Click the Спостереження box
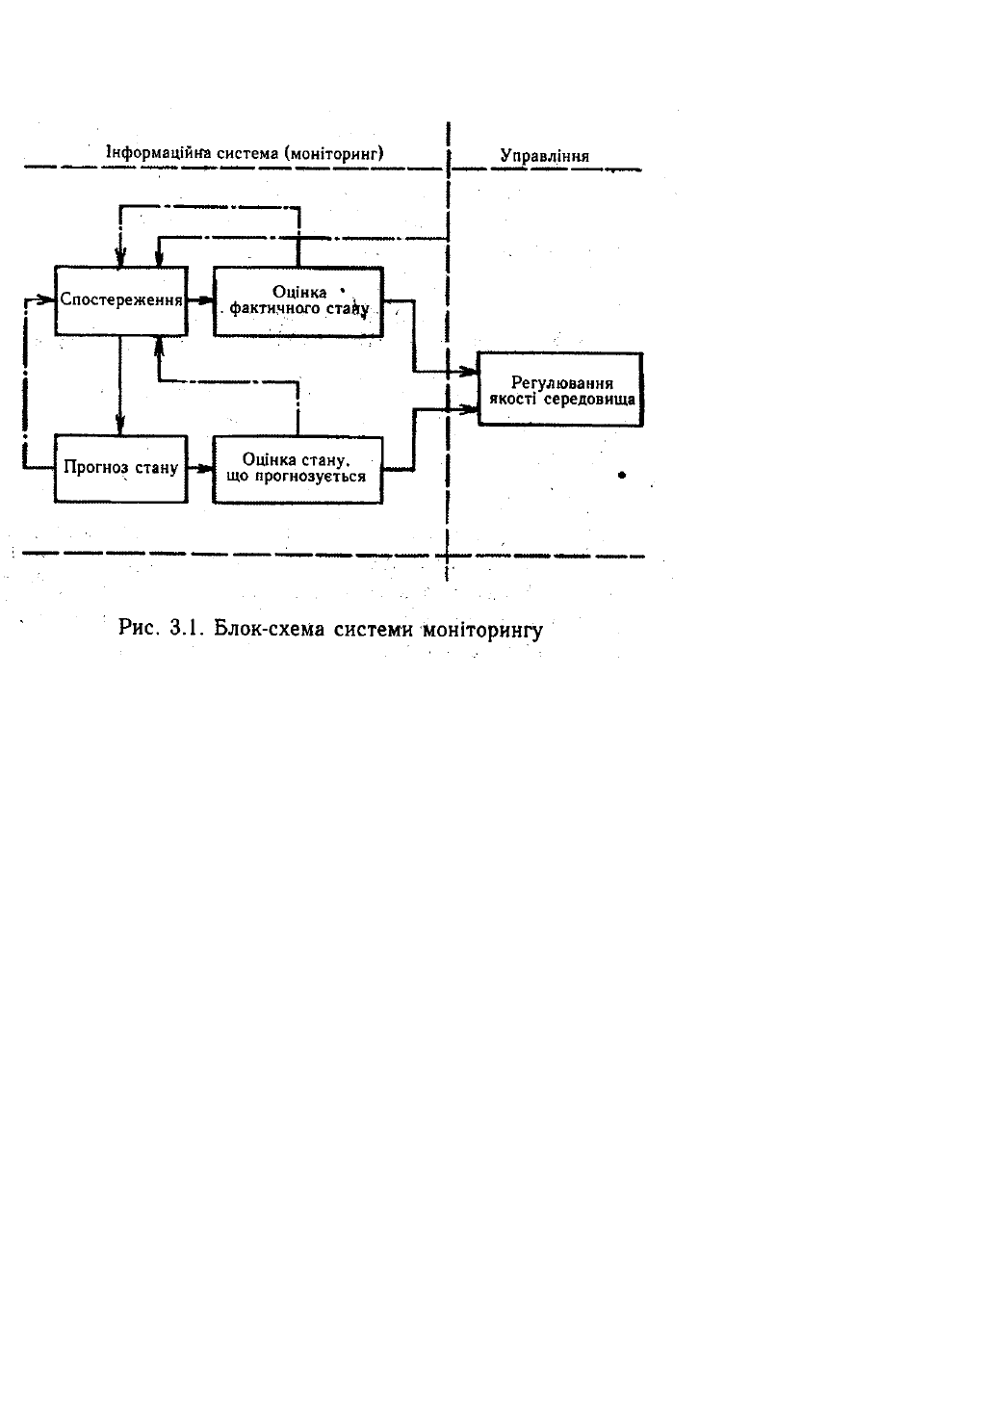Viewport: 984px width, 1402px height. point(120,299)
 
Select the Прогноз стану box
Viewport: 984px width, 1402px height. point(120,469)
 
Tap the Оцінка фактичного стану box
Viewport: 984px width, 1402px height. point(297,300)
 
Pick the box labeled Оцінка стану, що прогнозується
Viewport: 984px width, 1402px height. point(297,468)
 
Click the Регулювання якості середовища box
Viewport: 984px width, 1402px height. point(560,390)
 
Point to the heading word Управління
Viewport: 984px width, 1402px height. point(545,155)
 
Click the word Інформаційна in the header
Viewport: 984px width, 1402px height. point(152,153)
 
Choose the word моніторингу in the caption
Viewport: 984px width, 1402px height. point(483,630)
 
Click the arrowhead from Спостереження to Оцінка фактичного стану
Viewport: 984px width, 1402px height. point(205,300)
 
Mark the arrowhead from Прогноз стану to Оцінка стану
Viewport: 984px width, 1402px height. point(205,469)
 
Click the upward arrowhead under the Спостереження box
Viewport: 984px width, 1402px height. point(157,345)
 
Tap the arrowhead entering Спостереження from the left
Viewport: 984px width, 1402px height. point(46,299)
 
